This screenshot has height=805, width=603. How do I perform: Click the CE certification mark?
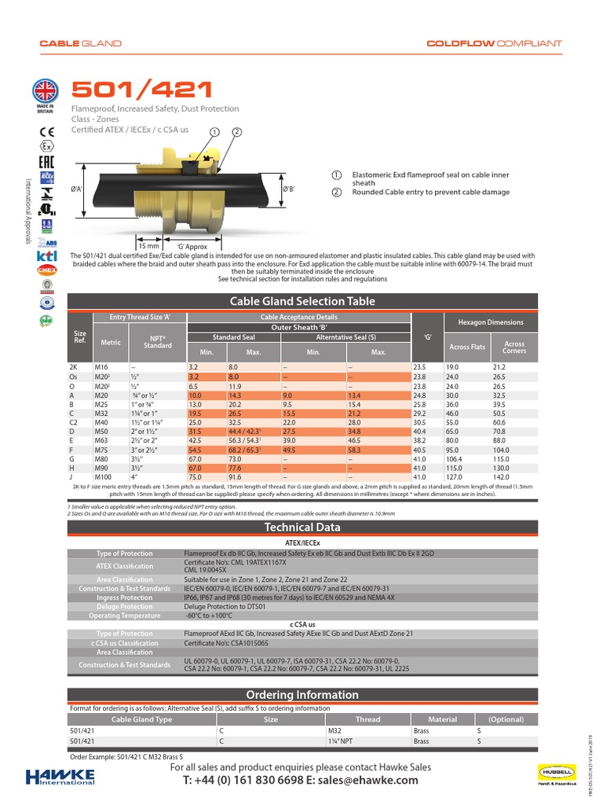[46, 131]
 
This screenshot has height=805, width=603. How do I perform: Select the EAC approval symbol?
[46, 161]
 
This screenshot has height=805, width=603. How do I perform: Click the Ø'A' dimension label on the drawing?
[78, 189]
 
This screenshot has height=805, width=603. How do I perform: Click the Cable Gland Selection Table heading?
[301, 301]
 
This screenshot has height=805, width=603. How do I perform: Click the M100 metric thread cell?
[104, 476]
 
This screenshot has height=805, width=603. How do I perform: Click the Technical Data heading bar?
[301, 527]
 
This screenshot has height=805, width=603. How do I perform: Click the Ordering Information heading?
[301, 695]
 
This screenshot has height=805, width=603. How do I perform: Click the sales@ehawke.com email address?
[353, 780]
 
